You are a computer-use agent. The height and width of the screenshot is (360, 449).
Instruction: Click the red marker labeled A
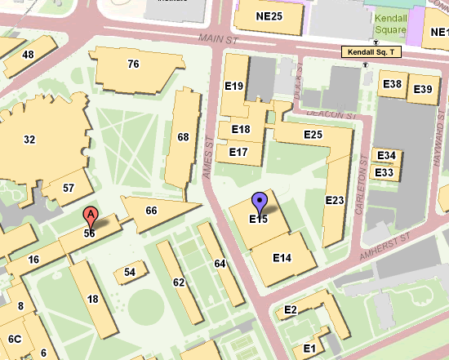(x=91, y=217)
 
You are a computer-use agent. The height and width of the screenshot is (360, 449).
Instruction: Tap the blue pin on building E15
(x=260, y=202)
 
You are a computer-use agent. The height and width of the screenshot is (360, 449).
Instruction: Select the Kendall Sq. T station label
(x=372, y=52)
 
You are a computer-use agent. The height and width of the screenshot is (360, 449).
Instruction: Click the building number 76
(x=134, y=64)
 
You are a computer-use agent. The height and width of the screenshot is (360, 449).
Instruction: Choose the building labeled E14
(x=282, y=258)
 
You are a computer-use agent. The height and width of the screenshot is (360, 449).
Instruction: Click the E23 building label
(x=335, y=200)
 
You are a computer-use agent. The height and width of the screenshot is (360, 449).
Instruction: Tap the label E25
(x=313, y=134)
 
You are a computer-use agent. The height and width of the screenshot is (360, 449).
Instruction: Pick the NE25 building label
(x=269, y=16)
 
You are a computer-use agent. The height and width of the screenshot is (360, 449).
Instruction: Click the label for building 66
(x=151, y=211)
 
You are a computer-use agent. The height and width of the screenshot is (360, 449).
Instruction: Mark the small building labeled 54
(x=130, y=272)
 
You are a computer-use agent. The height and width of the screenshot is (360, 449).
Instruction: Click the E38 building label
(x=392, y=84)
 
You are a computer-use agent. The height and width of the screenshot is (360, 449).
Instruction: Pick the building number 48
(x=29, y=54)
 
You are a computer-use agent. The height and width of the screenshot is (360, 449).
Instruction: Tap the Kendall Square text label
(x=390, y=24)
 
